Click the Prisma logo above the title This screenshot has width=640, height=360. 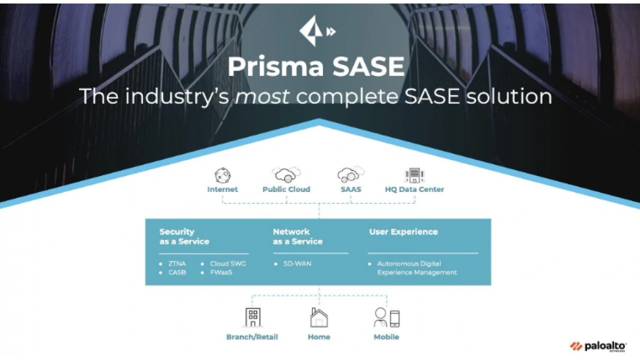click(317, 31)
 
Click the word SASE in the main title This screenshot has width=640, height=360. click(368, 66)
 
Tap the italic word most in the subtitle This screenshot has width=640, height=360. click(262, 96)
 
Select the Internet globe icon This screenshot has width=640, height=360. click(222, 175)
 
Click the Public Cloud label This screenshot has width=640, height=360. click(286, 189)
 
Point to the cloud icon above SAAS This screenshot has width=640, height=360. click(351, 174)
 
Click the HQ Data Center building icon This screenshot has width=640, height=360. click(414, 175)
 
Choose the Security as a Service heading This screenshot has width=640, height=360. click(184, 236)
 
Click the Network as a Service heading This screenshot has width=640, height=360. click(297, 236)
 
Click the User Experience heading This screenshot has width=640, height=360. click(403, 231)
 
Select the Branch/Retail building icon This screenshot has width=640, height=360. click(253, 317)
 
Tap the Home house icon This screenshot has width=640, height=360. click(319, 317)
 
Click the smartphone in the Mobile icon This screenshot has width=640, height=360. click(394, 318)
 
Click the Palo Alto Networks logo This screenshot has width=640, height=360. click(598, 346)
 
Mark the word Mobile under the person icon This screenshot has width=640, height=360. click(386, 337)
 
